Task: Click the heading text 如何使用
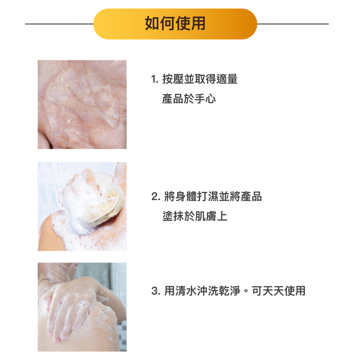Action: click(175, 23)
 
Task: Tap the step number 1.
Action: click(155, 80)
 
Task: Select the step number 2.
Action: click(156, 197)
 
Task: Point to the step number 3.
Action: click(156, 291)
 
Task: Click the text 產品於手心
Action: click(189, 99)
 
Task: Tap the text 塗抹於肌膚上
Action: click(195, 216)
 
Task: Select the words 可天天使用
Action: click(279, 291)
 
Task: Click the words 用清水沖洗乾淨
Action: click(202, 291)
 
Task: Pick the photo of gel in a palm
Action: click(82, 104)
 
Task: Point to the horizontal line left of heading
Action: click(59, 24)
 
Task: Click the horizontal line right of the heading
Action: click(293, 24)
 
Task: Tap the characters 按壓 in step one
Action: click(173, 79)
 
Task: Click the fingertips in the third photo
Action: click(57, 337)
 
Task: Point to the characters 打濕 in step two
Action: click(208, 196)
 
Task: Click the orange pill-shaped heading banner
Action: click(175, 24)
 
